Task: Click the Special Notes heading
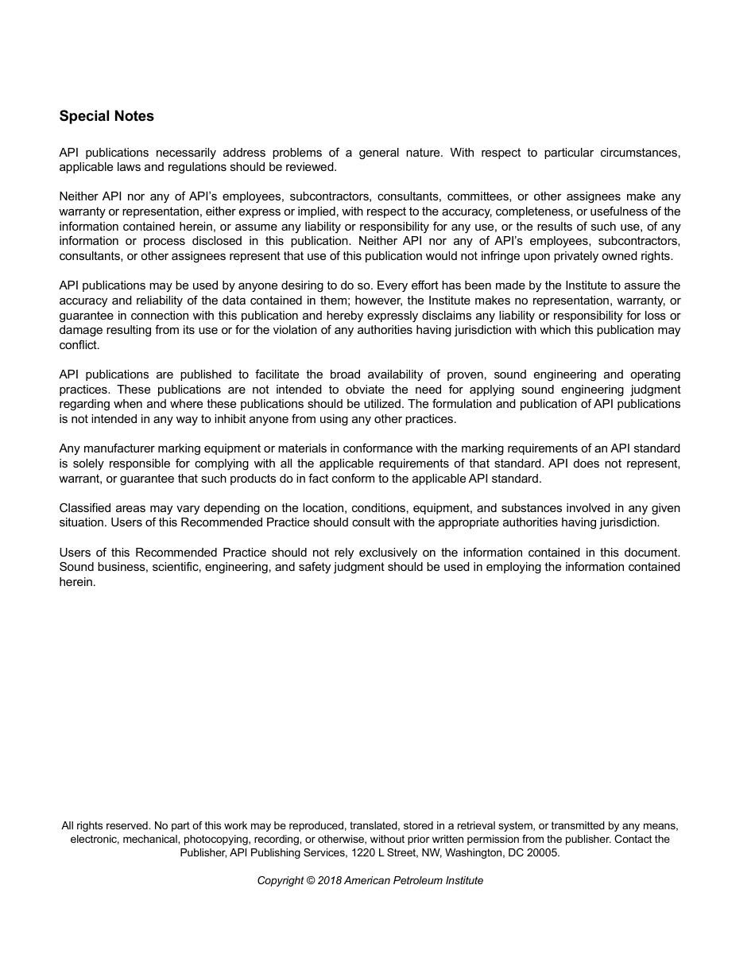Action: pyautogui.click(x=106, y=116)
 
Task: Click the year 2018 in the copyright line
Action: pyautogui.click(x=329, y=880)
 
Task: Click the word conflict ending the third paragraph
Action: pyautogui.click(x=79, y=345)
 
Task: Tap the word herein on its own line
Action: pyautogui.click(x=77, y=582)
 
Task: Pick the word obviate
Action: pyautogui.click(x=366, y=390)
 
